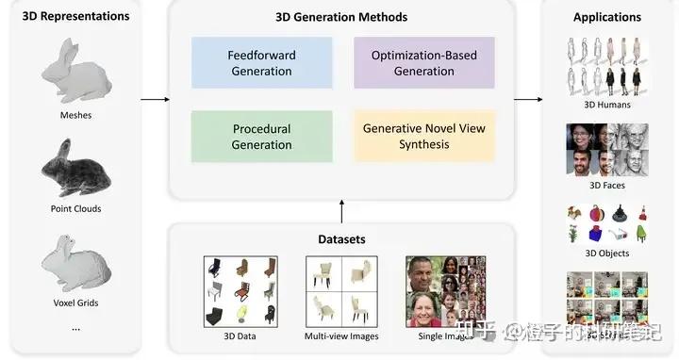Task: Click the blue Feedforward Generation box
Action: coord(262,63)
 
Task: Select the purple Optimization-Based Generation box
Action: coord(424,63)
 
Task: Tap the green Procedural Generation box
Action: coord(262,137)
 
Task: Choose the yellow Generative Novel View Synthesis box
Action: coord(424,137)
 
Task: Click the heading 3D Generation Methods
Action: coord(341,17)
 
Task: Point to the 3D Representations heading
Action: coord(75,17)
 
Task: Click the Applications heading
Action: coord(606,17)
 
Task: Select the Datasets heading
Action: coord(341,239)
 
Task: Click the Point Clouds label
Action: coord(75,208)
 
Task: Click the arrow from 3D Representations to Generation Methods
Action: coord(154,98)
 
